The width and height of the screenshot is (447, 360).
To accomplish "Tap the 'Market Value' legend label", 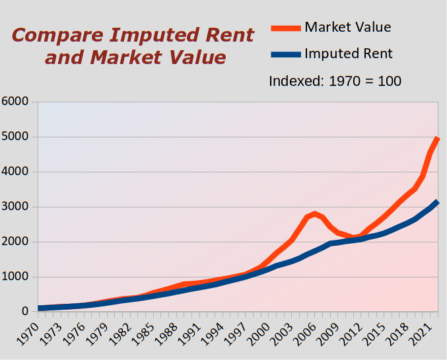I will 347,27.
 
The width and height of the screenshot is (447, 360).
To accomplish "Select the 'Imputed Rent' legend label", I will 348,54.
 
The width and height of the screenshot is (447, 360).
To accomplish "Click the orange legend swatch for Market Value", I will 285,28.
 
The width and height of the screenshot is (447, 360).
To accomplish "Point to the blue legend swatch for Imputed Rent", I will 285,54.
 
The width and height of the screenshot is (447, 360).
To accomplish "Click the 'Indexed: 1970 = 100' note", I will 335,81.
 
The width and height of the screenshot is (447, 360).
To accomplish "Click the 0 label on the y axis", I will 24,312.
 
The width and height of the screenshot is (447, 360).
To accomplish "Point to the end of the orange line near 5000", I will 437,139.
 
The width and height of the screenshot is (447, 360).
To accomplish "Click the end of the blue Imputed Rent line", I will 437,202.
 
